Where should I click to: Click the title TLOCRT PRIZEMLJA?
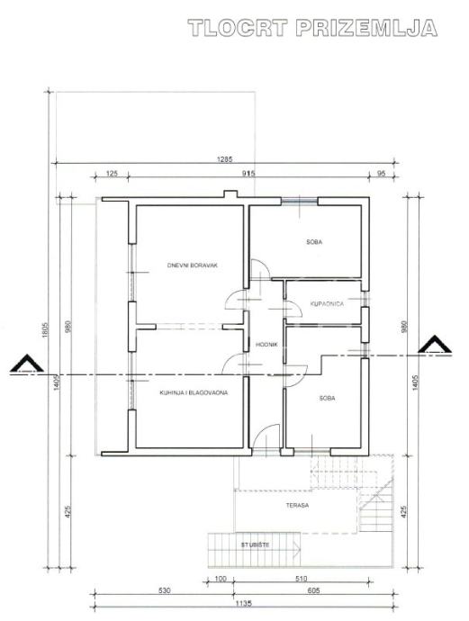(312, 28)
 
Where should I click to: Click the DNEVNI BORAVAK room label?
(193, 265)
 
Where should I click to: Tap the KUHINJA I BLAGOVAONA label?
(194, 393)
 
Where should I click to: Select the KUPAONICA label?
(327, 304)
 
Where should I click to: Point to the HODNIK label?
(266, 345)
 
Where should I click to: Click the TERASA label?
(297, 506)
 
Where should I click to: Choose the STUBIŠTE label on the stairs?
(255, 545)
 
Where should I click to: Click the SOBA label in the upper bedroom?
(314, 241)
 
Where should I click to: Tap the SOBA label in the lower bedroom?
(327, 398)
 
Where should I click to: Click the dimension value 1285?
(224, 159)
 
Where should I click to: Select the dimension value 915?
(248, 174)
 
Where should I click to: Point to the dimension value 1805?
(45, 329)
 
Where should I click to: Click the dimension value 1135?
(244, 604)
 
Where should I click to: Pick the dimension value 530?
(164, 590)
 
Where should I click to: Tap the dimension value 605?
(313, 590)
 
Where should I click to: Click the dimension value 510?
(301, 579)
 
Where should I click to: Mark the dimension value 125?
(113, 174)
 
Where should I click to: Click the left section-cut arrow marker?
(27, 364)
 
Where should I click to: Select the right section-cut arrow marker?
(435, 345)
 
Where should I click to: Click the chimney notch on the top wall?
(230, 194)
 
